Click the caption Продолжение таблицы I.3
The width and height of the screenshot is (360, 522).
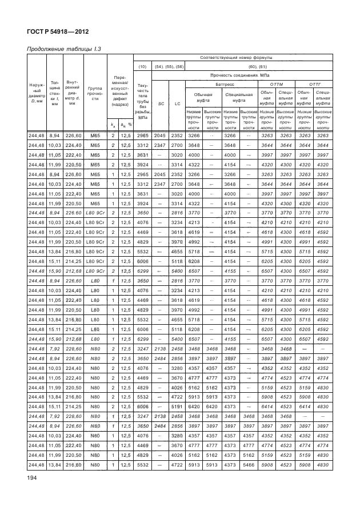pyautogui.click(x=64, y=50)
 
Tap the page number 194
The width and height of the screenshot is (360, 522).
pyautogui.click(x=31, y=492)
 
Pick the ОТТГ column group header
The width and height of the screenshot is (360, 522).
pyautogui.click(x=314, y=83)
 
